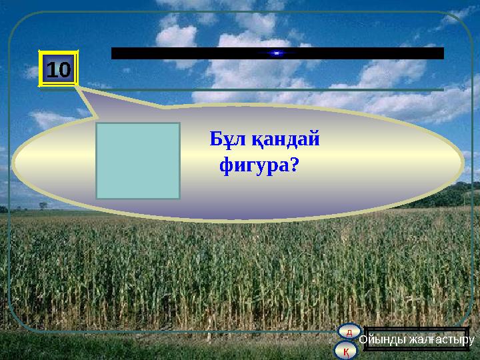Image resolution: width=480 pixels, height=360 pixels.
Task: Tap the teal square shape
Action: tap(138, 161)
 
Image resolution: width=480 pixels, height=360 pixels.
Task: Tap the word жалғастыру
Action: tap(440, 339)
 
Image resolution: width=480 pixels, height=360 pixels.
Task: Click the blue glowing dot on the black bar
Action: tap(277, 53)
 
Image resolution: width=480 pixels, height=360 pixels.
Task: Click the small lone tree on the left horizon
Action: tap(43, 205)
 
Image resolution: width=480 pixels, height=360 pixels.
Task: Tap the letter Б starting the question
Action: tap(216, 140)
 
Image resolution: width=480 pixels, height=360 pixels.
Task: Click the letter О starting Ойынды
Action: tap(363, 339)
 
